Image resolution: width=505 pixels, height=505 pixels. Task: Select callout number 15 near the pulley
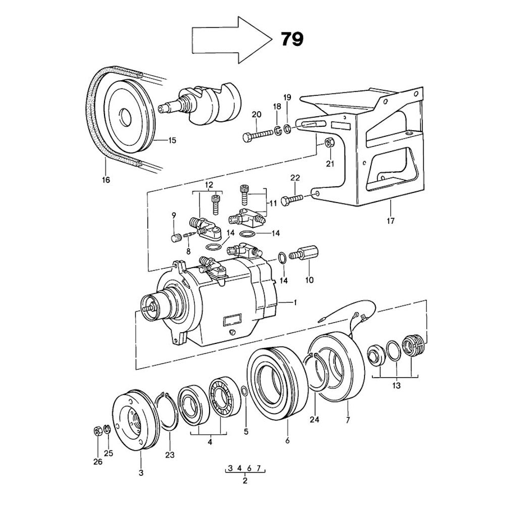click(x=172, y=140)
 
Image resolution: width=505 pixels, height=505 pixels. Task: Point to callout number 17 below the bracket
click(x=390, y=220)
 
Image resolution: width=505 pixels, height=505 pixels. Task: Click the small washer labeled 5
click(x=244, y=391)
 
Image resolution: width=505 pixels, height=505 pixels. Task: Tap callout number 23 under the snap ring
click(x=170, y=455)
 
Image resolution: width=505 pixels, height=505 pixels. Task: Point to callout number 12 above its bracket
click(x=209, y=185)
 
